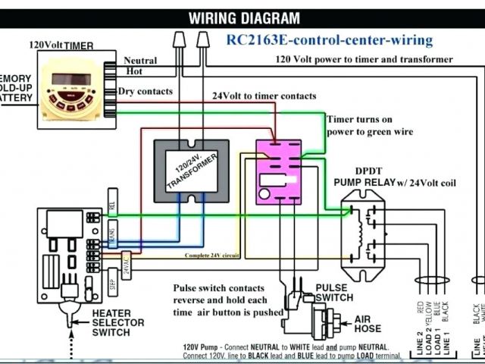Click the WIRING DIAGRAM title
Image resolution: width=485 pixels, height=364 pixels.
click(244, 18)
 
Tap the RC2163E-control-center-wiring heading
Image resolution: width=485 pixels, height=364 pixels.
click(329, 39)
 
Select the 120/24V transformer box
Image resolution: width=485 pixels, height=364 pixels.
click(190, 171)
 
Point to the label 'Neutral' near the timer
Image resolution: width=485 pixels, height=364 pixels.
click(139, 61)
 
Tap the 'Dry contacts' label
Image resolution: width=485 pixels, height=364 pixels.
click(145, 91)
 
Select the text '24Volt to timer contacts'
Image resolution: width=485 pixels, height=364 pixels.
click(264, 96)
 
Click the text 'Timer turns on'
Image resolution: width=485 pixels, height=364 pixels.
click(361, 119)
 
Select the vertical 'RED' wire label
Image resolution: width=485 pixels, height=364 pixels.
click(420, 308)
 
